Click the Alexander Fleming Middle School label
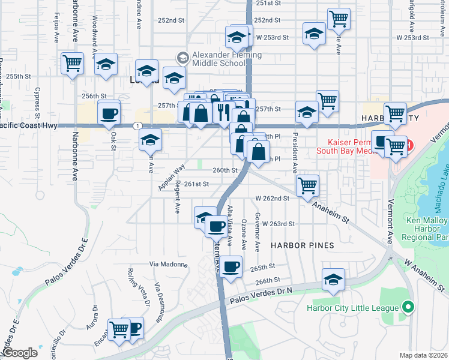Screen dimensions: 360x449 click(x=226, y=59)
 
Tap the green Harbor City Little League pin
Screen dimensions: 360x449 click(x=409, y=308)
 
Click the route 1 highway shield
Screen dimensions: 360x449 click(x=139, y=125)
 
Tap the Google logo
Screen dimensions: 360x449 click(x=20, y=353)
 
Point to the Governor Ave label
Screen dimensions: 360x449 click(x=257, y=231)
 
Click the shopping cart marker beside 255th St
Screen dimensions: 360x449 click(x=72, y=62)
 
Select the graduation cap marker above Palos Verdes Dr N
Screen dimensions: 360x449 click(x=333, y=279)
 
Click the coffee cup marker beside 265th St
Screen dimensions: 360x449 click(x=230, y=266)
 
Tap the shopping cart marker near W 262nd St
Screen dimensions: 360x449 click(x=307, y=185)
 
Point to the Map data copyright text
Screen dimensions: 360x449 click(x=424, y=355)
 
